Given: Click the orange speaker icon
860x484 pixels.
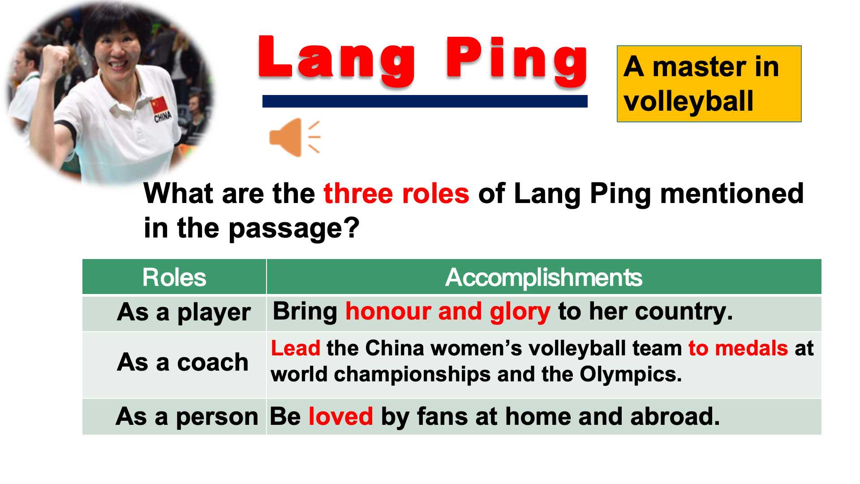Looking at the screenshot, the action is [295, 138].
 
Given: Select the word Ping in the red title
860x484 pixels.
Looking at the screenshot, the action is [516, 60].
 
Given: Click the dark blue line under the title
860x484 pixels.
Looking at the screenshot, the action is [425, 101].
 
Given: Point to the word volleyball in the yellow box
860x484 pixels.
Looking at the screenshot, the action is [688, 101].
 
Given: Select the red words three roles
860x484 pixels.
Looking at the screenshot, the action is [396, 194].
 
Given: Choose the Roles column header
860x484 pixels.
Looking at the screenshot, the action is [174, 277].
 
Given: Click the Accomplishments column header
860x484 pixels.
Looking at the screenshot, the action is [544, 277].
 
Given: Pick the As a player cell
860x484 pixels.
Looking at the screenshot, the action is [174, 313].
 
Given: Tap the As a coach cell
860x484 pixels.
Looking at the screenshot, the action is [174, 365].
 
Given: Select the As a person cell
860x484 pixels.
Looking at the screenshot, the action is [174, 417].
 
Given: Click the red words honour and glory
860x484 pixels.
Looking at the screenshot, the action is [447, 312].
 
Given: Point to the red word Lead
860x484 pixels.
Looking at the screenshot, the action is [296, 348].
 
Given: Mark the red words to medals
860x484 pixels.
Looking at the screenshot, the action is [738, 348].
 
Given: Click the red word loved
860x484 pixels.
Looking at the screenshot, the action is [341, 416].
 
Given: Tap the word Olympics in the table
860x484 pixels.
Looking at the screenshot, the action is [631, 375].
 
